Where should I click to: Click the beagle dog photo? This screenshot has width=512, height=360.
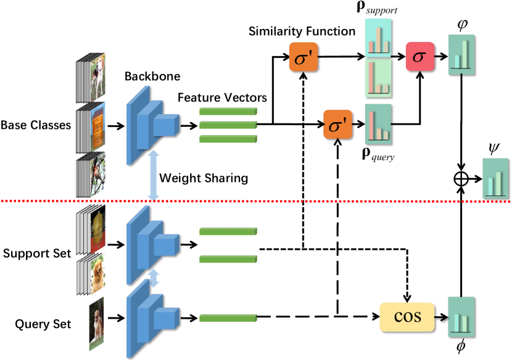(x=96, y=76)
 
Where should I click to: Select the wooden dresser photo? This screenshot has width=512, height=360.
(x=96, y=128)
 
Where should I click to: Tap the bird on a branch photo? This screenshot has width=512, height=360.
(x=96, y=174)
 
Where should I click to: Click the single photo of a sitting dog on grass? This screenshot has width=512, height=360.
(x=96, y=324)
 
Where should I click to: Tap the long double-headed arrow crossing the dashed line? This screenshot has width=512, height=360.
(x=154, y=175)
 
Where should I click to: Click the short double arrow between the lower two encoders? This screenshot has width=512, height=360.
(x=154, y=277)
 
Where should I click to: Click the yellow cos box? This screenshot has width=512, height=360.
(x=407, y=317)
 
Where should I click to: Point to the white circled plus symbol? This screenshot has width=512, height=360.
(x=461, y=179)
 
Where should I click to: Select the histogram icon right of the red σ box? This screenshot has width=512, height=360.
(x=461, y=55)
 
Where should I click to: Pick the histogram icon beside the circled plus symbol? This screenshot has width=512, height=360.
(x=495, y=179)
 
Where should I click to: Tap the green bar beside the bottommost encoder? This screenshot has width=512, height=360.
(x=228, y=318)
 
